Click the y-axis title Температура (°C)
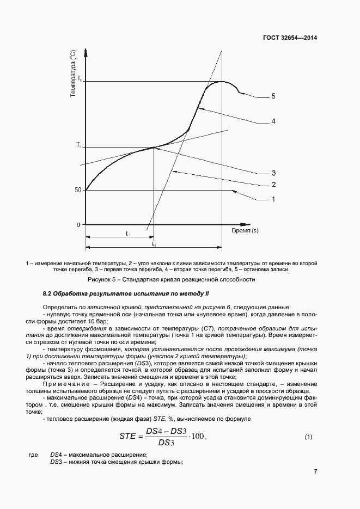pos(72,73)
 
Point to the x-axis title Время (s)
pos(245,230)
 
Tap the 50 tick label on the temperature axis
pos(78,190)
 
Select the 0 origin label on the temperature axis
pos(78,224)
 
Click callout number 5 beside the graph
pos(273,96)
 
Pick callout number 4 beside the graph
pos(273,121)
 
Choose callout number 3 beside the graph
pos(273,173)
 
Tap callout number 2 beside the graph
pos(273,185)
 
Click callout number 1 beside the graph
pos(273,200)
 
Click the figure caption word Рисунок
pos(100,279)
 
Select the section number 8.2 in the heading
pos(48,294)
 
